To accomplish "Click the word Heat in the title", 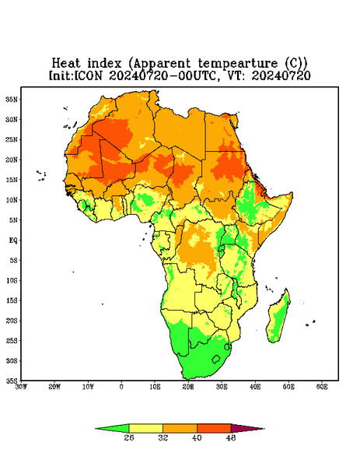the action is point(66,64).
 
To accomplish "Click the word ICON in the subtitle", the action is point(88,75).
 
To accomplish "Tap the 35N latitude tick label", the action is point(12,100).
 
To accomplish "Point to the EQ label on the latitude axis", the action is point(13,240).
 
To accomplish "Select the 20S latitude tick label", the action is point(12,321).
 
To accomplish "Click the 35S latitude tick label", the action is point(12,381).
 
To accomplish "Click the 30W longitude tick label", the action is point(21,387).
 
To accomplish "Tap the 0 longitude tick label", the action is point(121,387).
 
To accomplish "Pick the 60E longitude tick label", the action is point(322,387).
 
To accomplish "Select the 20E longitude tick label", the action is point(188,387).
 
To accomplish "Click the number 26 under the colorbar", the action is point(129,437).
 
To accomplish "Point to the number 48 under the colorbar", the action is point(231,437).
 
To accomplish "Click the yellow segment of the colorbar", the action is point(145,428).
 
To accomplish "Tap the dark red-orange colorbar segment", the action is point(214,428).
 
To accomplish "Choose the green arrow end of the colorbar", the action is point(112,428).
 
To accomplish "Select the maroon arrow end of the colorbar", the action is point(247,428).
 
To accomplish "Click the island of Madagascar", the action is point(278,318).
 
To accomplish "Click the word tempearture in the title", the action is point(239,64).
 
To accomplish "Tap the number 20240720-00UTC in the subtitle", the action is point(162,75).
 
